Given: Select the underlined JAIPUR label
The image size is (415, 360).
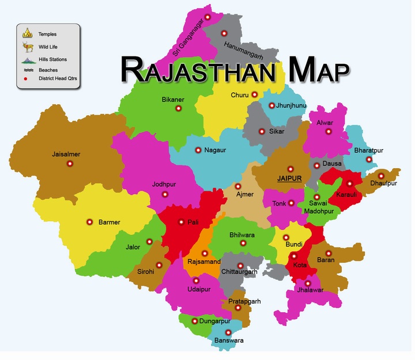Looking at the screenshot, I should click(289, 179).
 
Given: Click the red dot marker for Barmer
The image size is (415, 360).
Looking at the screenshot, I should click(89, 222).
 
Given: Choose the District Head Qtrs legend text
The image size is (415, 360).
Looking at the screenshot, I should click(58, 78).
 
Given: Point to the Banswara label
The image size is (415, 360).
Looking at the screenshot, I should click(228, 340).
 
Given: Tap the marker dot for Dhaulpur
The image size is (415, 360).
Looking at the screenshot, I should click(381, 176).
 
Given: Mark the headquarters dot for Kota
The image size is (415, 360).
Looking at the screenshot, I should click(294, 256).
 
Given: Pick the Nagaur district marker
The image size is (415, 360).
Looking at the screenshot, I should click(198, 150).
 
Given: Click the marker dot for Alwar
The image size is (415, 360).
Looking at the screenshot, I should click(329, 132).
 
